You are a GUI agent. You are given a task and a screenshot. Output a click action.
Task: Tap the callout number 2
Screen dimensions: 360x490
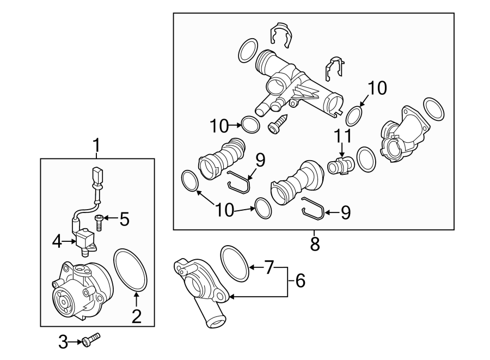click(x=136, y=315)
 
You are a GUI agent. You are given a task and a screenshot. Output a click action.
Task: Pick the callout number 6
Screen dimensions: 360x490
click(x=300, y=281)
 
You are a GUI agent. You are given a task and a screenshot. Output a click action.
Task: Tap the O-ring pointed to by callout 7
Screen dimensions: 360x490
click(x=235, y=263)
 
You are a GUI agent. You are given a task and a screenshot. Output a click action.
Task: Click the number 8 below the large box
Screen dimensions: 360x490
click(x=314, y=243)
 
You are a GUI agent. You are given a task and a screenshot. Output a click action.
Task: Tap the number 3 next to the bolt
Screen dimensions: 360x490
click(x=63, y=342)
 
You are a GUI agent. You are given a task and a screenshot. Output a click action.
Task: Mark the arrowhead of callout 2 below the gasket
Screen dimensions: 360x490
click(x=136, y=295)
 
